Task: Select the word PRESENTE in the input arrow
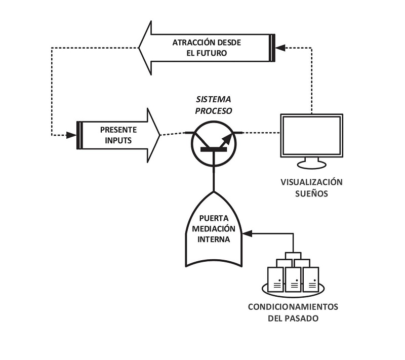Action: pyautogui.click(x=118, y=130)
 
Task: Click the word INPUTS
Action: pyautogui.click(x=118, y=140)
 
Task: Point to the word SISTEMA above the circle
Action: pyautogui.click(x=213, y=99)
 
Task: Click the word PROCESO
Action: pyautogui.click(x=213, y=111)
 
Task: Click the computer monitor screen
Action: pyautogui.click(x=312, y=135)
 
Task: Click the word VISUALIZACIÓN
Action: pyautogui.click(x=311, y=182)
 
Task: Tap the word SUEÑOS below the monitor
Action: pyautogui.click(x=311, y=193)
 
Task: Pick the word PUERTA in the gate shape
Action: pyautogui.click(x=214, y=218)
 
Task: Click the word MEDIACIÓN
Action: pyautogui.click(x=214, y=228)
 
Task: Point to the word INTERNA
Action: pyautogui.click(x=214, y=239)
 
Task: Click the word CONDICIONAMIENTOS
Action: pyautogui.click(x=293, y=307)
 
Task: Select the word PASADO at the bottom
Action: pyautogui.click(x=301, y=318)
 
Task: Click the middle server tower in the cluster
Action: pyautogui.click(x=293, y=279)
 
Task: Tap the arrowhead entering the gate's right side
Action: pyautogui.click(x=247, y=234)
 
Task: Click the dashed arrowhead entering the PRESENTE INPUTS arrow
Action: pyautogui.click(x=71, y=135)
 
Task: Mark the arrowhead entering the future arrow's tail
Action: pyautogui.click(x=280, y=48)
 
